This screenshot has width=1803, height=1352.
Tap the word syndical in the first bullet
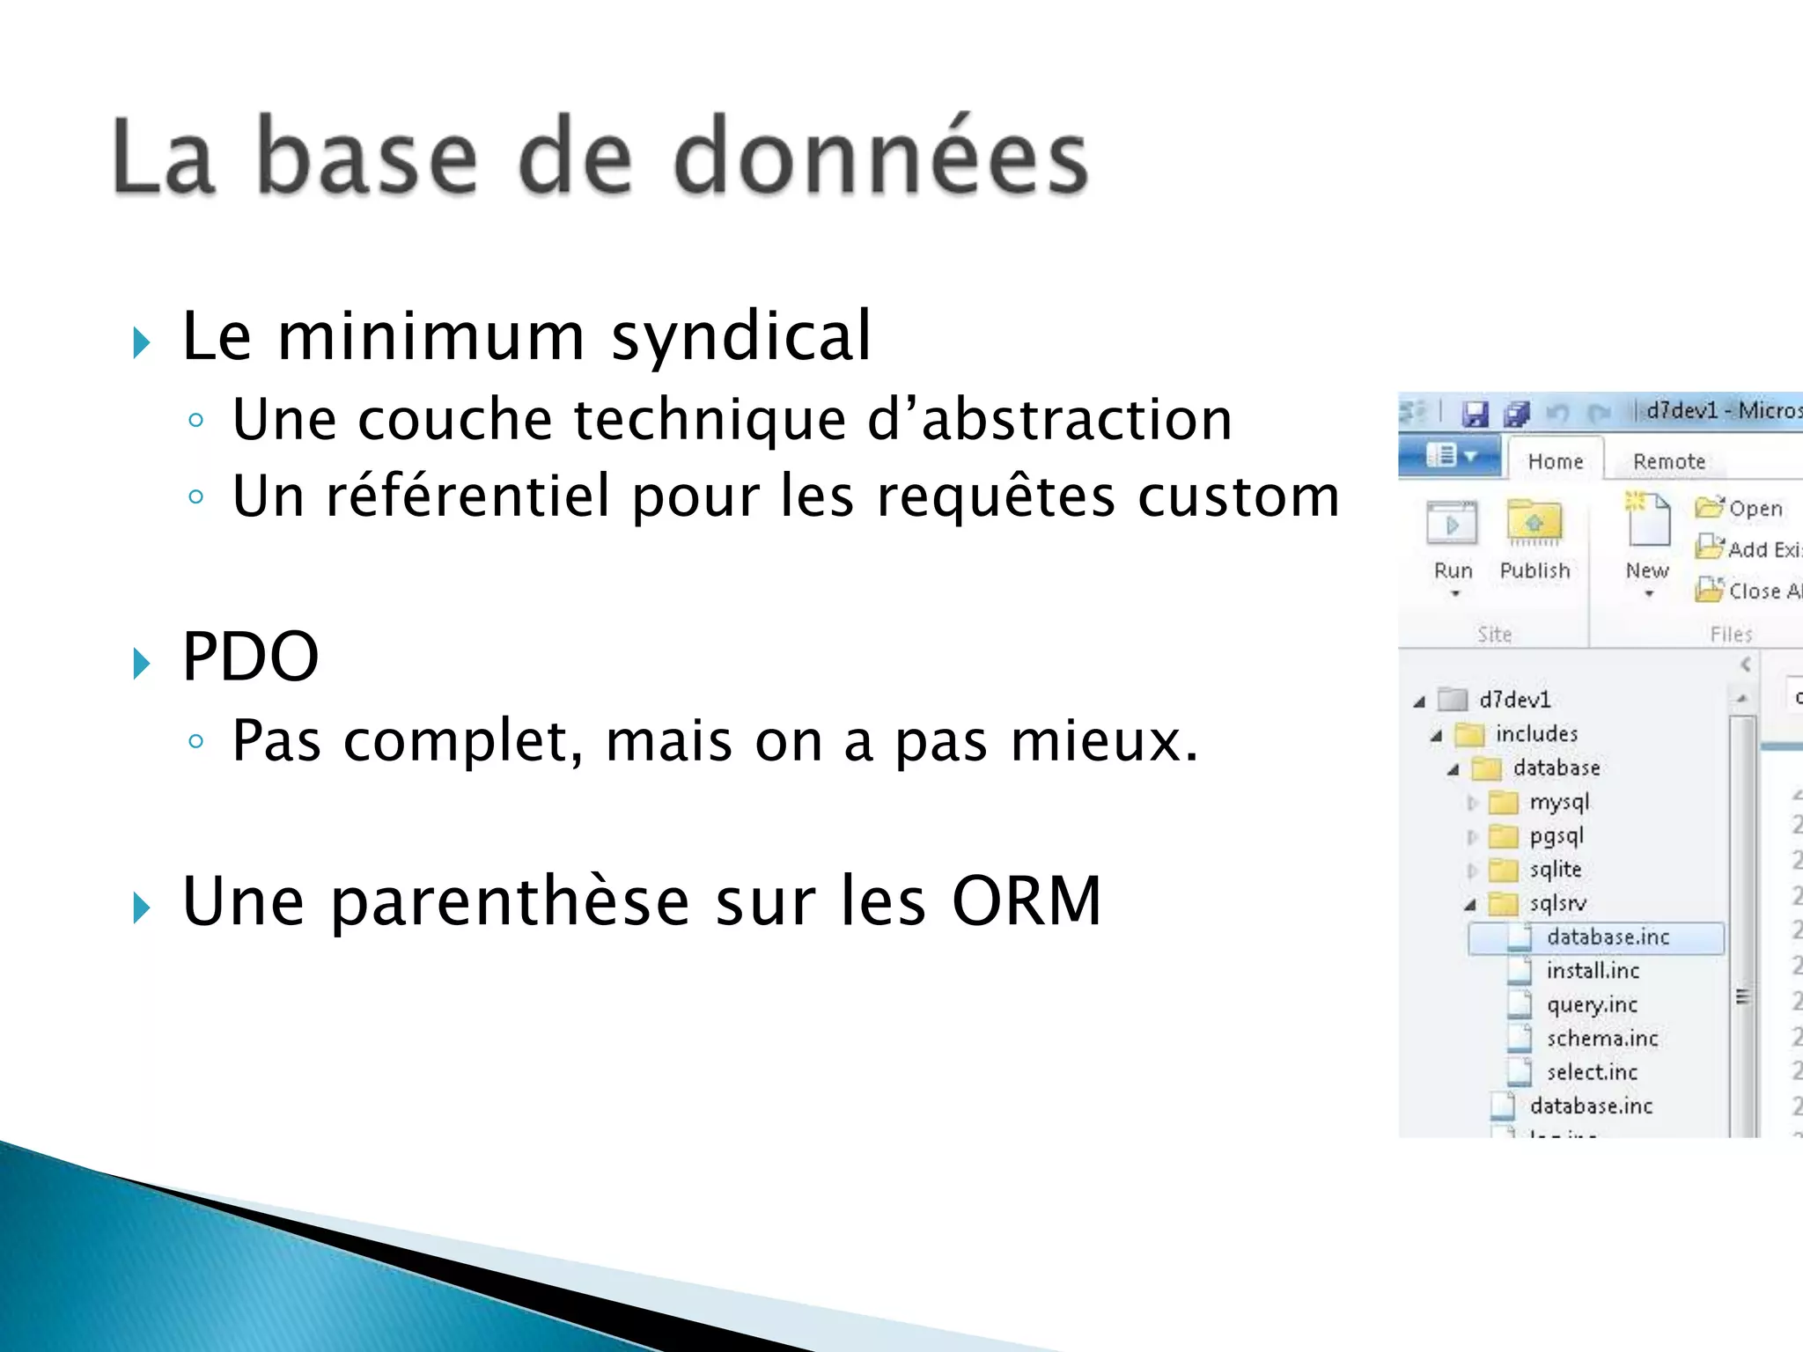(741, 337)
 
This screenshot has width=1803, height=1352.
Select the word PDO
(250, 658)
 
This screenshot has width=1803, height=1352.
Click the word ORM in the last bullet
(1027, 901)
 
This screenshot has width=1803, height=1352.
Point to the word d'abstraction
(1049, 419)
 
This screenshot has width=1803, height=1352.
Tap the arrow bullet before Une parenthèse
(141, 907)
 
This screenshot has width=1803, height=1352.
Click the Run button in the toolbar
(1453, 542)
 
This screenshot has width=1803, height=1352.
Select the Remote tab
(1668, 461)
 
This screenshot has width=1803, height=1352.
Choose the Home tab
(1555, 461)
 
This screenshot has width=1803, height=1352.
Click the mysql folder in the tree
(1558, 802)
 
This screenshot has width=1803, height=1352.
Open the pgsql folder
(1556, 836)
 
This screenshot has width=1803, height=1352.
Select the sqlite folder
(1555, 870)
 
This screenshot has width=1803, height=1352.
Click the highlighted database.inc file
(1607, 937)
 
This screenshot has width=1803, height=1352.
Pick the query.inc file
(1592, 1004)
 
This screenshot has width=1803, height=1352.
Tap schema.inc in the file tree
(1601, 1039)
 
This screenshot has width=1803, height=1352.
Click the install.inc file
(1593, 971)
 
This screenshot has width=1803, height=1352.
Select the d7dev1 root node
(1513, 700)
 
